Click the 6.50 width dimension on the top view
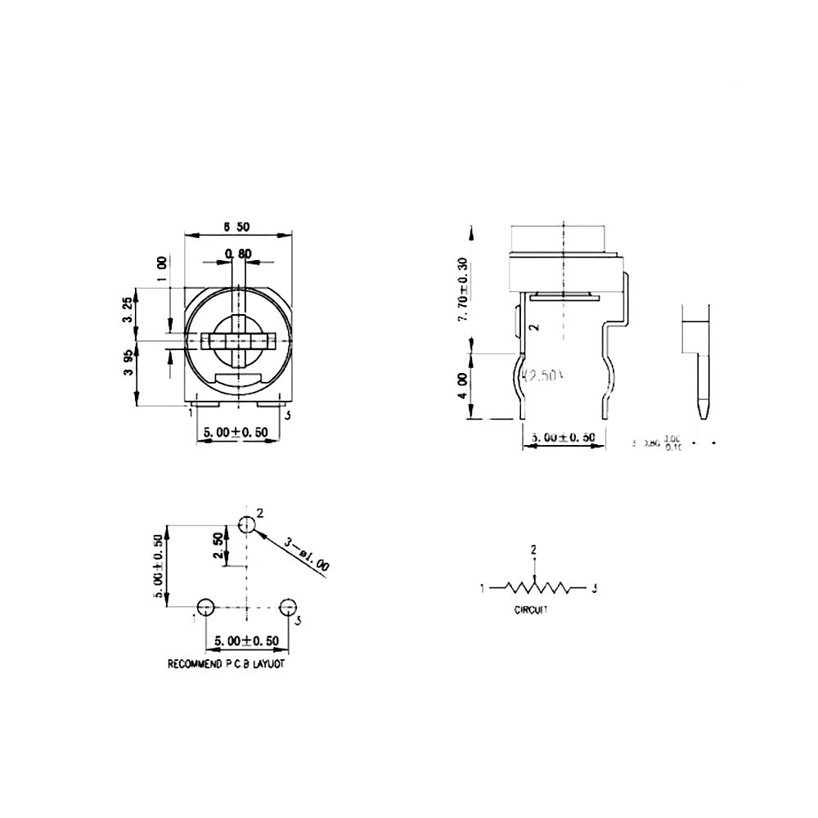coord(237,226)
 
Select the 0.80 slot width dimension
coord(237,253)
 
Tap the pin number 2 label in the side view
coord(534,327)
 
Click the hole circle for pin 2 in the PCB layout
coord(246,524)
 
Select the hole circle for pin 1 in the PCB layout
coord(205,607)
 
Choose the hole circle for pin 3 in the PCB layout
coord(287,607)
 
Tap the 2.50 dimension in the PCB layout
coord(218,546)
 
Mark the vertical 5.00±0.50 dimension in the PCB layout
coord(160,565)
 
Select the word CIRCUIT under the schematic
coord(532,610)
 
